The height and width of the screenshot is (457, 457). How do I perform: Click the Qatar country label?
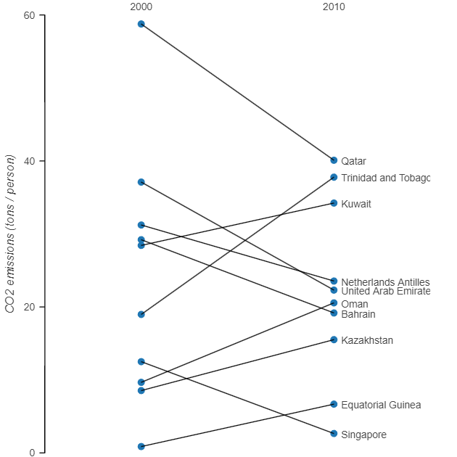[x=353, y=161]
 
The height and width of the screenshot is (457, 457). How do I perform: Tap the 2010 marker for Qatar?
[x=334, y=160]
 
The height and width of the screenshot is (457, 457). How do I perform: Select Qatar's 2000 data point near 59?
[x=141, y=24]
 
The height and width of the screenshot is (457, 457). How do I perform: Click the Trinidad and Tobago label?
[x=385, y=178]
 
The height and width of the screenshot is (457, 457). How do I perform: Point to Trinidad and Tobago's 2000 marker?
[x=141, y=315]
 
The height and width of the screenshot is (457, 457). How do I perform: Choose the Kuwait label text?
[x=355, y=204]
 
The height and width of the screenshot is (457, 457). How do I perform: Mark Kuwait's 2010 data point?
[x=334, y=203]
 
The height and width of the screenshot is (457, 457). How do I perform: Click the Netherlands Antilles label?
[x=385, y=281]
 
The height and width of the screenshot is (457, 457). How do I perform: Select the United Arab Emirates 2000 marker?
[x=141, y=182]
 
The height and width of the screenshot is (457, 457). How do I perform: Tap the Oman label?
[x=354, y=304]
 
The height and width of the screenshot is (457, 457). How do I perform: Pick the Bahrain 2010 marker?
[x=334, y=313]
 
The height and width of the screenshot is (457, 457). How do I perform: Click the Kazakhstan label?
[x=367, y=340]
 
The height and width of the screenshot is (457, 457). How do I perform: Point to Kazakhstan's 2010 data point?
[x=334, y=339]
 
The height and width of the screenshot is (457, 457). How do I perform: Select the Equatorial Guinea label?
[x=381, y=405]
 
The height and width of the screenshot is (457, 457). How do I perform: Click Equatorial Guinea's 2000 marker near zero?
[x=141, y=447]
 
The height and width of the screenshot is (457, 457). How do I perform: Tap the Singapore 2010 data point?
[x=334, y=434]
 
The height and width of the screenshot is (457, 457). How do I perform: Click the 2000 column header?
[x=141, y=7]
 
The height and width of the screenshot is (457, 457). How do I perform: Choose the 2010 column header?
[x=334, y=7]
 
